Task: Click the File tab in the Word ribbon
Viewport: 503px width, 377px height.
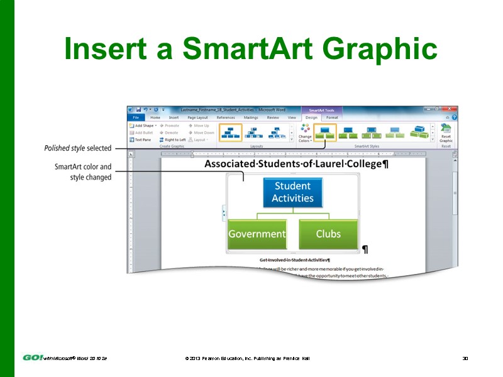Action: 135,117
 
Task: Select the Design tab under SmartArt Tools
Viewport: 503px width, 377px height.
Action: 311,117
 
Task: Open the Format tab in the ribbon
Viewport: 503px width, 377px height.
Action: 332,117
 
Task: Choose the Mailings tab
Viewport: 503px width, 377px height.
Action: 251,117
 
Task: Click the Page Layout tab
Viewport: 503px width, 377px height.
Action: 197,117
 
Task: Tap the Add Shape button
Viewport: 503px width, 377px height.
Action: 144,126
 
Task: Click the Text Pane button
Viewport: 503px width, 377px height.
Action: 142,139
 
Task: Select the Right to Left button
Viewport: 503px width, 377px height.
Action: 172,139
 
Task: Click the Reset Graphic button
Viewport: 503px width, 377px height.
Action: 445,133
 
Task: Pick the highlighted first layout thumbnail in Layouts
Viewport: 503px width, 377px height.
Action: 230,132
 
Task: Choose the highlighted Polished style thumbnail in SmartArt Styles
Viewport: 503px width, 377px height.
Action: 325,132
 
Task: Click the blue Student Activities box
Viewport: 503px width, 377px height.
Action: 292,192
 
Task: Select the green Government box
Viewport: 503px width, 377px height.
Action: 257,234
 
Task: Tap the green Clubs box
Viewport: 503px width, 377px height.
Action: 328,234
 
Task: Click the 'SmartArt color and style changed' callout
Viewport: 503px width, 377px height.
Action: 83,172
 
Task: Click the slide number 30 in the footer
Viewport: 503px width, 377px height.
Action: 465,358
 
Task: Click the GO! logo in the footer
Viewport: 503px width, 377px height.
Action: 33,358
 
